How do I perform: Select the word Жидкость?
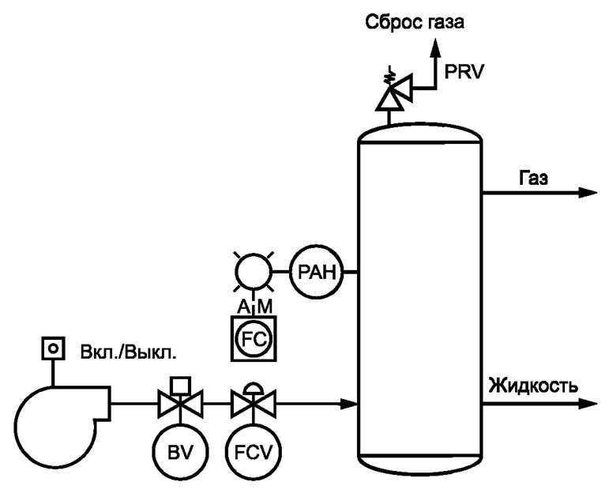[534, 386]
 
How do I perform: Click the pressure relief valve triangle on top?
[389, 98]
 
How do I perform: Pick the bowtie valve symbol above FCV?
[254, 405]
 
